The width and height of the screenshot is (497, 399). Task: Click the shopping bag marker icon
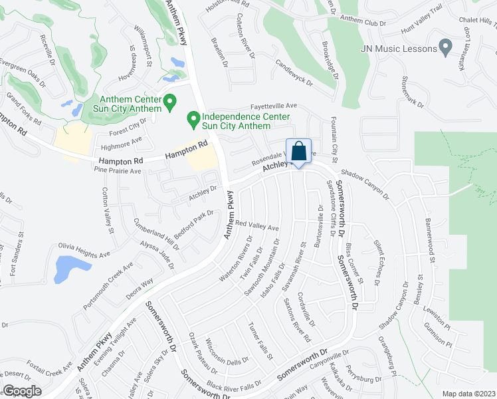pyautogui.click(x=299, y=151)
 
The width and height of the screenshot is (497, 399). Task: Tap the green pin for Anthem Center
pyautogui.click(x=170, y=102)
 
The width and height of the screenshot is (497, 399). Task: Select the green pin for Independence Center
pyautogui.click(x=193, y=120)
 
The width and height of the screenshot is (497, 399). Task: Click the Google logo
pyautogui.click(x=21, y=391)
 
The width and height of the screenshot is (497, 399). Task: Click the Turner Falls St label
pyautogui.click(x=261, y=340)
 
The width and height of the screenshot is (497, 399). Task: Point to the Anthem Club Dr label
pyautogui.click(x=363, y=21)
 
